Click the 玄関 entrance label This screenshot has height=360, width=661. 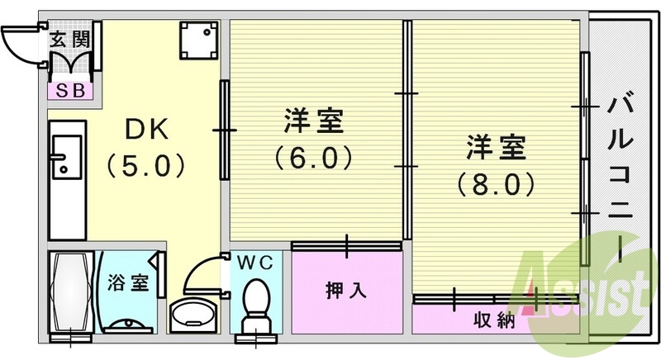tap(69, 39)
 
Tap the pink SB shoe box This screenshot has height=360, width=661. tap(69, 90)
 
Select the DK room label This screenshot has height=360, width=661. tap(145, 130)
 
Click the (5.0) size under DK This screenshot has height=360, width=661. tap(145, 166)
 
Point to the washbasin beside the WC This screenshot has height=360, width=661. tap(193, 314)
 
